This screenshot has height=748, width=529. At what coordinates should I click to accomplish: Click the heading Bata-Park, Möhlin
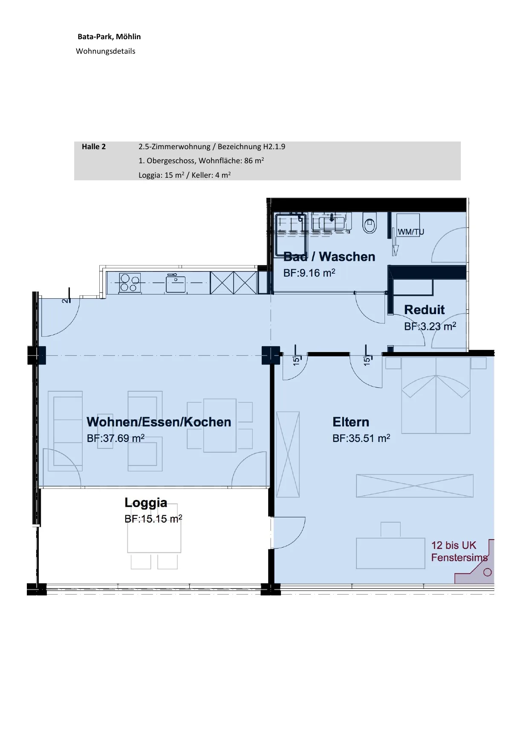tap(109, 37)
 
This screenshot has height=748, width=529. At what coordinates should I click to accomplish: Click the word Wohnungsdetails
tap(106, 51)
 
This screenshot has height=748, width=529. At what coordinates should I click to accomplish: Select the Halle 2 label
tap(94, 147)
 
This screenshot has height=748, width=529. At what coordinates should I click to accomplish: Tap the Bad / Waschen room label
tap(330, 257)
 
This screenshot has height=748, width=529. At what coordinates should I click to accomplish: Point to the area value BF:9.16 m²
tap(309, 273)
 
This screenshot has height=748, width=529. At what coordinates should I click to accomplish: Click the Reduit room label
tap(424, 309)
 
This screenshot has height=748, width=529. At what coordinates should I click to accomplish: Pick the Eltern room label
tap(351, 422)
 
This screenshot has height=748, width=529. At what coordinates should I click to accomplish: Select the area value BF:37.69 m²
tap(116, 438)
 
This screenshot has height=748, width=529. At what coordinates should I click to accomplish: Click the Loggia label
tap(146, 503)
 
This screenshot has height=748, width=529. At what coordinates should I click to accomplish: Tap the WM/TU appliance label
tap(410, 232)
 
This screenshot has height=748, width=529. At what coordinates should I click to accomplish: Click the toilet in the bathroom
tap(370, 222)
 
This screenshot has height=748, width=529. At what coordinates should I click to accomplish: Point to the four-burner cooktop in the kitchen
tap(130, 283)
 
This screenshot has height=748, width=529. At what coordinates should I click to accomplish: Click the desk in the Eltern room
tap(390, 553)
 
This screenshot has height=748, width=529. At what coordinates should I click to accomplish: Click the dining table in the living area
tap(220, 425)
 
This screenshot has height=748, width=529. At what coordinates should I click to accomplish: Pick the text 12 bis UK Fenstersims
tap(460, 551)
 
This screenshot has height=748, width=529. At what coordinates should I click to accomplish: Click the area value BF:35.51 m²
tap(361, 438)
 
